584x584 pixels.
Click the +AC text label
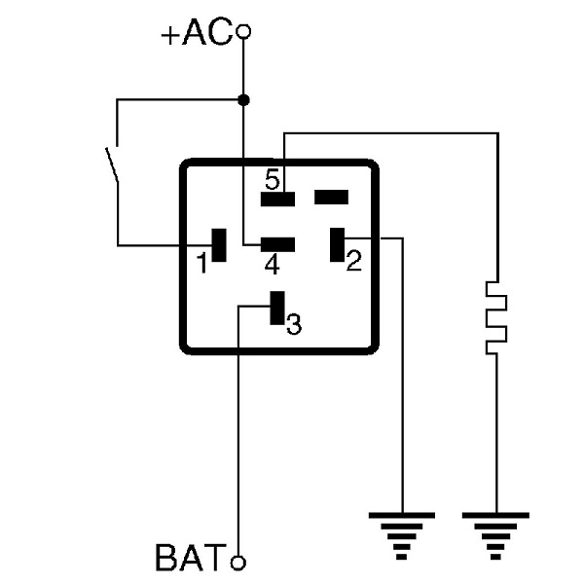(198, 34)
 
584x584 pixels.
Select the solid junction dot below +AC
(243, 99)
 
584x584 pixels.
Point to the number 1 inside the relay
(201, 263)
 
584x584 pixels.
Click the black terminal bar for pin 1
(219, 244)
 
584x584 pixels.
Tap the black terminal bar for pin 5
(277, 199)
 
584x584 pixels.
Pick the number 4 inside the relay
(273, 264)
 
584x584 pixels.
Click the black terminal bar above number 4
(277, 244)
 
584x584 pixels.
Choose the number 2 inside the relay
(353, 260)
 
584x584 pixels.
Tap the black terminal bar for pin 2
(338, 243)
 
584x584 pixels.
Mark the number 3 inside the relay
(294, 325)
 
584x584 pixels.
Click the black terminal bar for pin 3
(276, 309)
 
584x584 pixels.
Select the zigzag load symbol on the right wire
(496, 315)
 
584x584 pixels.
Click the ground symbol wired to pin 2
(400, 531)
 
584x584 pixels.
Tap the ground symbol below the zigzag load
(496, 531)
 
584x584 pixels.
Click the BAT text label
(191, 561)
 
